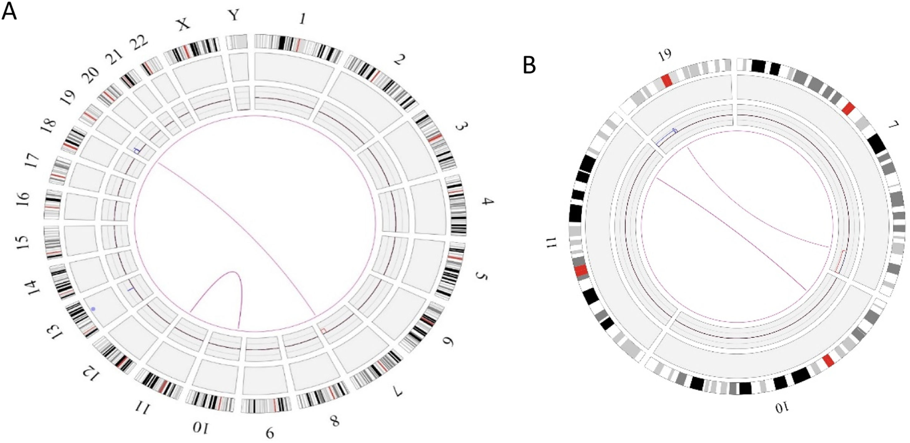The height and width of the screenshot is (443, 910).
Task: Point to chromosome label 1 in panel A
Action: tap(302, 19)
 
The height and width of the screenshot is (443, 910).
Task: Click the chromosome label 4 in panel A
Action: tap(488, 202)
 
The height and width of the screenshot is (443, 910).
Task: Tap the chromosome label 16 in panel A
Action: tap(24, 199)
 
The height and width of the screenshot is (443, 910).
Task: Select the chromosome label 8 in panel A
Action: tap(334, 421)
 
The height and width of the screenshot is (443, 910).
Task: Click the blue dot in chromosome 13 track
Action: tap(93, 309)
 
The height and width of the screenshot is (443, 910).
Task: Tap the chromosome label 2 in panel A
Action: tap(399, 60)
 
